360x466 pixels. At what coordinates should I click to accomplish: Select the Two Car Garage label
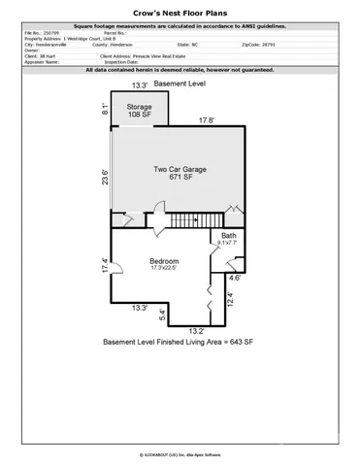point(179,174)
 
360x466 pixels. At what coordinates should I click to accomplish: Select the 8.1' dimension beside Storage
point(104,110)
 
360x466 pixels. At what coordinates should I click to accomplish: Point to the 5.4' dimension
point(162,316)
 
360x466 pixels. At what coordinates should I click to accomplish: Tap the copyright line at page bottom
point(180,453)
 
